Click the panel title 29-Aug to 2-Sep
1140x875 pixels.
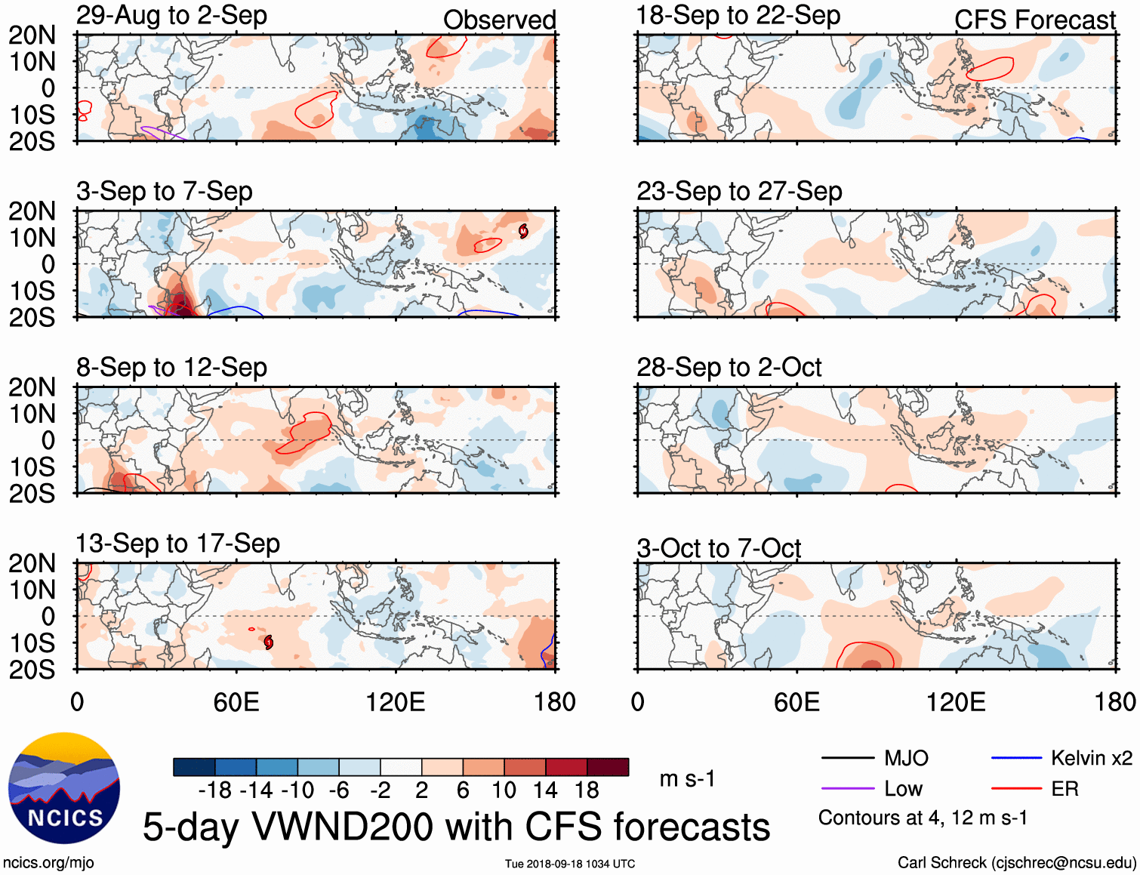point(171,16)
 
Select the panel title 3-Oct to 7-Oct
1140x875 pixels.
point(719,548)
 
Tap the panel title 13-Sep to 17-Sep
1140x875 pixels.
point(177,544)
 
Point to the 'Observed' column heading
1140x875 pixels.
point(499,20)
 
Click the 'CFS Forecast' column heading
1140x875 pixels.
point(1034,20)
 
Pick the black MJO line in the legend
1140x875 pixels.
point(847,758)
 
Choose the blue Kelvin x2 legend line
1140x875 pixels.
point(1016,758)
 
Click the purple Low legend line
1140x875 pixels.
point(847,789)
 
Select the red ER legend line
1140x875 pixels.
point(1016,789)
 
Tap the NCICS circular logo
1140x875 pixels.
point(64,788)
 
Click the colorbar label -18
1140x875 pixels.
point(214,790)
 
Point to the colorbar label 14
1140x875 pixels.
point(545,790)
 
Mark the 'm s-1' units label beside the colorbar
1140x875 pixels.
point(687,778)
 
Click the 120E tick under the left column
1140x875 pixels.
point(395,702)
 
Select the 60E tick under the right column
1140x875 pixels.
point(796,702)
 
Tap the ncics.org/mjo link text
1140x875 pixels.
point(48,862)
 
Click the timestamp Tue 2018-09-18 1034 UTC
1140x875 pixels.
point(570,864)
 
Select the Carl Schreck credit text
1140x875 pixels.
point(1016,862)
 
